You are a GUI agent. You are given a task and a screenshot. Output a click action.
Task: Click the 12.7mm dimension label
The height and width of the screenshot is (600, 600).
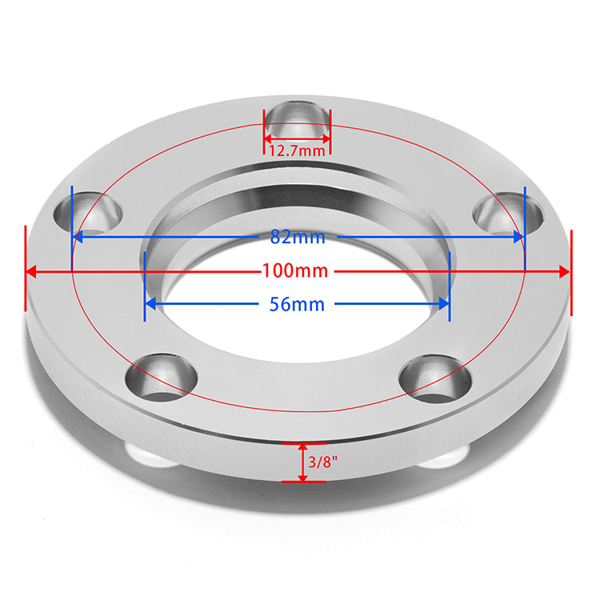[x=298, y=150]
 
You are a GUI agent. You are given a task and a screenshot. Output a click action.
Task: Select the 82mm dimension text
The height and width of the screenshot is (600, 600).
[x=298, y=237]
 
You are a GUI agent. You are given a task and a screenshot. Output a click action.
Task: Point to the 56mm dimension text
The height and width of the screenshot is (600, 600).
[x=298, y=305]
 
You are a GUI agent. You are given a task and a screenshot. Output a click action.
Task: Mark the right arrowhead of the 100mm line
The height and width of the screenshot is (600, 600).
[x=564, y=271]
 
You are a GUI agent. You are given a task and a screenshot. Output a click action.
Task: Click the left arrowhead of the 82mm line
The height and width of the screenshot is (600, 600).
[x=78, y=237]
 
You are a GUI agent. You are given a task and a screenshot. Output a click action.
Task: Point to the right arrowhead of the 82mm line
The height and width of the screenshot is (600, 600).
[x=518, y=237]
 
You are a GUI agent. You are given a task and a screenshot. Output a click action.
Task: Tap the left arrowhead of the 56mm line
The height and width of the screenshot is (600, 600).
[x=150, y=305]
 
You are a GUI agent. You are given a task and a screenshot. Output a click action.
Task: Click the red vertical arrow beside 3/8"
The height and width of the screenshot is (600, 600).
[x=302, y=462]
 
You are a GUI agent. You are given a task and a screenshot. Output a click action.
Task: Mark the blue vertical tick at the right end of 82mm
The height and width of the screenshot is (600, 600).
[x=524, y=228]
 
